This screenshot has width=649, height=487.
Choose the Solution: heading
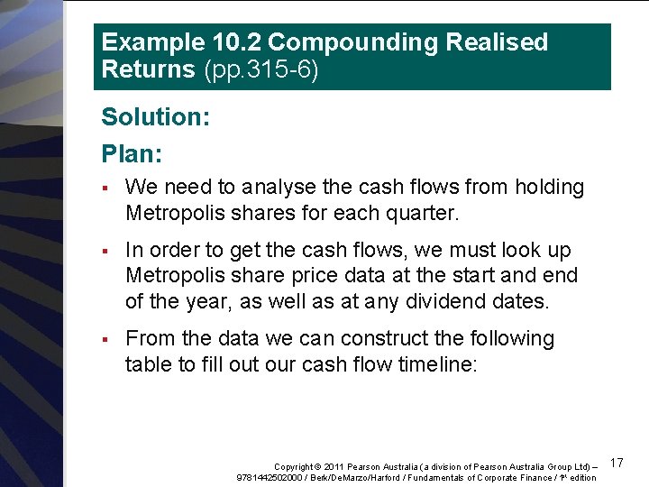pos(155,117)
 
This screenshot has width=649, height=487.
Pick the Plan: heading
pos(132,154)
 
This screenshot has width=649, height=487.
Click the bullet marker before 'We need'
pos(105,188)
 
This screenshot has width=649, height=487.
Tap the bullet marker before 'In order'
pos(105,251)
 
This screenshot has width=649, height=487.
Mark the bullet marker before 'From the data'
pos(105,339)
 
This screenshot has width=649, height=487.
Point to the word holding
pos(549,188)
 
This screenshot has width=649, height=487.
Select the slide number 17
pos(617,463)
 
